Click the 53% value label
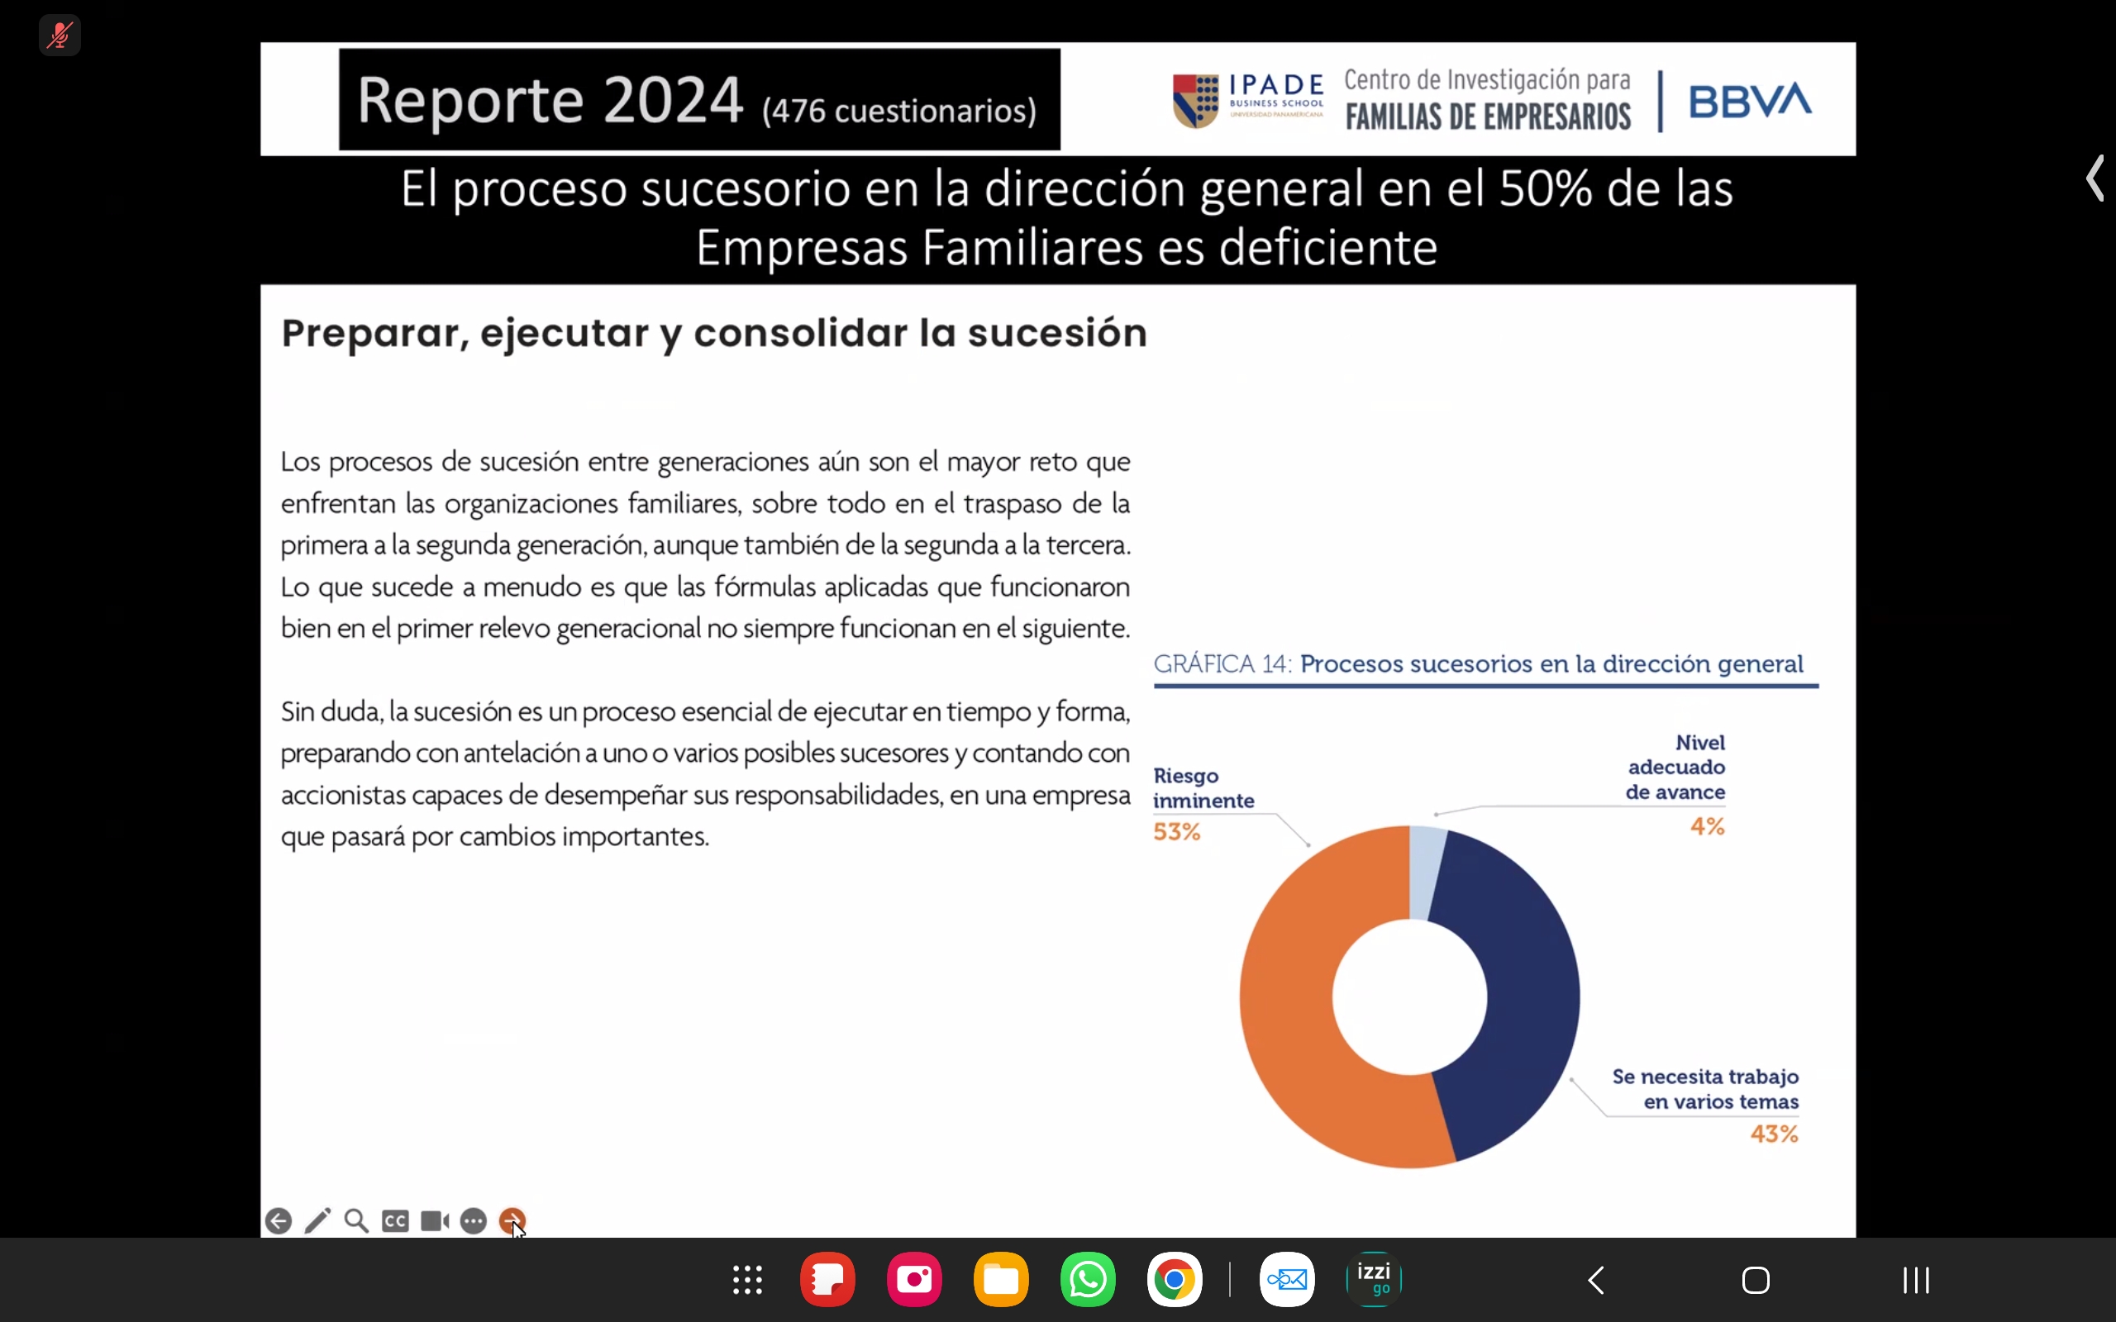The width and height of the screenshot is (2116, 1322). coord(1177,831)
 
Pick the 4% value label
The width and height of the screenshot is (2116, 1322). coord(1707,826)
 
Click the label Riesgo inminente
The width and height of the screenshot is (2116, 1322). coord(1203,787)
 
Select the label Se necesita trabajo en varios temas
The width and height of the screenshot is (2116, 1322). coord(1705,1088)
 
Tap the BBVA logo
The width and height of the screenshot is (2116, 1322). coord(1750,101)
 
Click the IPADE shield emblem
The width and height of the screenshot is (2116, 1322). coord(1195,101)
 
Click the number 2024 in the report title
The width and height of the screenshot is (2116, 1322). coord(672,100)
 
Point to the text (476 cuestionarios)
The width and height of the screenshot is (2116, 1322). coord(898,111)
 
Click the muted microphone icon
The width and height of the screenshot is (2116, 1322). coord(60,35)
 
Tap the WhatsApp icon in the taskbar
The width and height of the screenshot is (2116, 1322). coord(1088,1280)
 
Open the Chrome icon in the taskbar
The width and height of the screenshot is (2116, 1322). coord(1175,1280)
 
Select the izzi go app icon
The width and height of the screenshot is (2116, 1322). coord(1374,1280)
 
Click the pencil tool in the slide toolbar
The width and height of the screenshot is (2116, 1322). coord(317,1220)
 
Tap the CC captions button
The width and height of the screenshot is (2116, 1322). coord(395,1220)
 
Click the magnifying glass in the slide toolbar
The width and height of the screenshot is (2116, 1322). coord(356,1220)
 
